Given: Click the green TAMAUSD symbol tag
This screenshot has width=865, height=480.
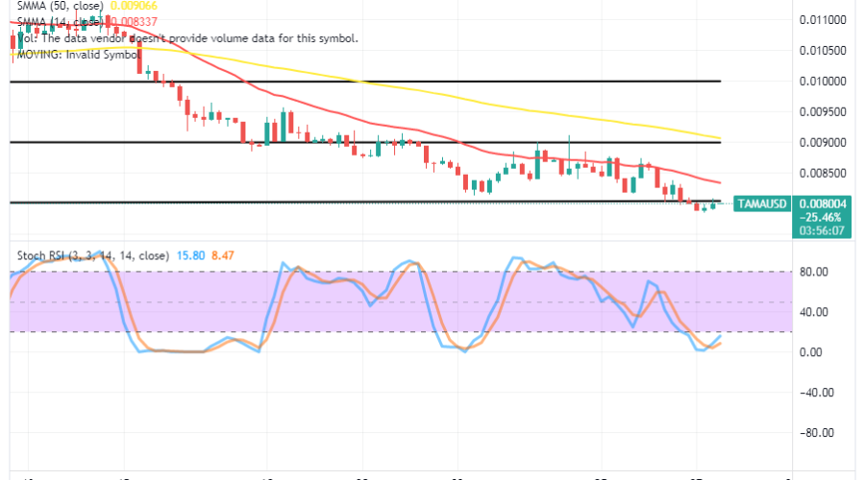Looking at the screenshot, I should click(761, 204).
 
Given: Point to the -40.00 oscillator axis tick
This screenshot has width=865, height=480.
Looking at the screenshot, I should click(813, 392).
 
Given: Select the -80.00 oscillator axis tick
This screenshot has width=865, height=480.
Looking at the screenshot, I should click(813, 432).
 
